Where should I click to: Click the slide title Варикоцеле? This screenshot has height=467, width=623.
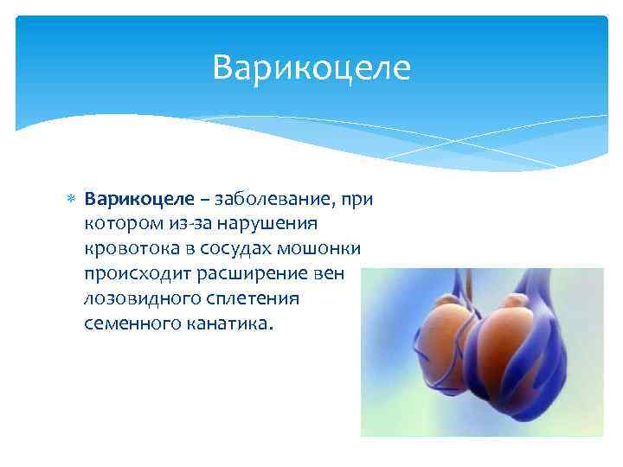tap(311, 67)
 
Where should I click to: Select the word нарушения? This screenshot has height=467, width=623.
tap(268, 224)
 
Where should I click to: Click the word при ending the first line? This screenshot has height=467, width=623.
tap(356, 200)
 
